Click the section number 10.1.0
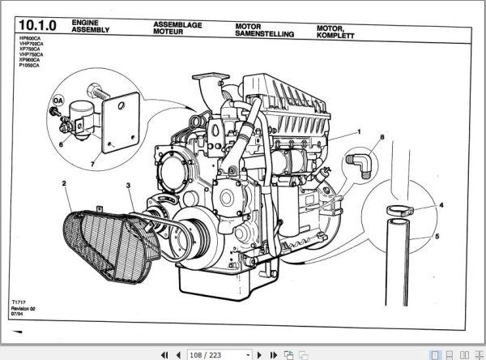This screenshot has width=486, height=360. click(32, 28)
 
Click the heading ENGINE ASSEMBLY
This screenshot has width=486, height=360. click(88, 25)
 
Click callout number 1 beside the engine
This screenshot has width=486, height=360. click(357, 131)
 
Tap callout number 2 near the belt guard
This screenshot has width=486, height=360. click(64, 184)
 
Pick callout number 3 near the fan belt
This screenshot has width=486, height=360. click(128, 187)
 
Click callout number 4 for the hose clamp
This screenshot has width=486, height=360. click(441, 205)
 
